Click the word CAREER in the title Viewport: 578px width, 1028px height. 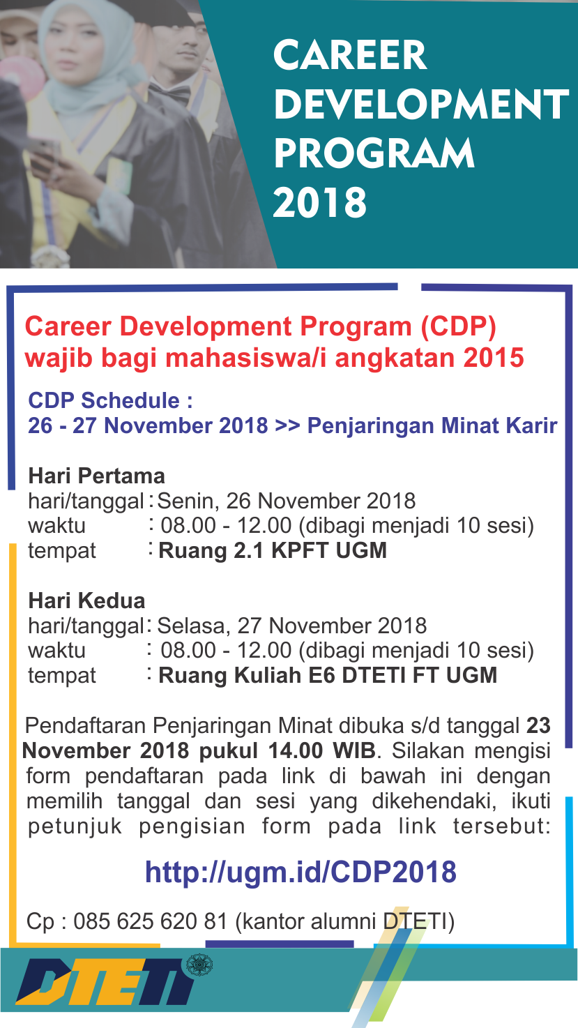(x=350, y=55)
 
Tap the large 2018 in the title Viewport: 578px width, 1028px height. (x=320, y=202)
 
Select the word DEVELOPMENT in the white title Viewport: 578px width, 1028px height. (x=421, y=104)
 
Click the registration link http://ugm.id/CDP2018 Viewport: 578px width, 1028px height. (x=301, y=872)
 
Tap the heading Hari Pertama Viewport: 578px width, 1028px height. (x=96, y=476)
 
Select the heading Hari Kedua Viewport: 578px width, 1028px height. (x=86, y=600)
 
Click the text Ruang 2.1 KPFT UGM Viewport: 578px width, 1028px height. (x=273, y=551)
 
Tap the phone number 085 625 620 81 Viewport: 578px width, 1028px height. (x=151, y=921)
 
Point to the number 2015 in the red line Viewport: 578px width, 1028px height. (x=494, y=358)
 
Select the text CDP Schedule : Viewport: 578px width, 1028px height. (x=111, y=400)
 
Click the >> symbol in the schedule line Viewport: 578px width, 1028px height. (x=287, y=425)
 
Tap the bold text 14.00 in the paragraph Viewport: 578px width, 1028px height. (x=296, y=751)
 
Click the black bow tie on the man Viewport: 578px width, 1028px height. (x=170, y=93)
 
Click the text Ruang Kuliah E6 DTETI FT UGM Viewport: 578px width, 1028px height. (x=328, y=676)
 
